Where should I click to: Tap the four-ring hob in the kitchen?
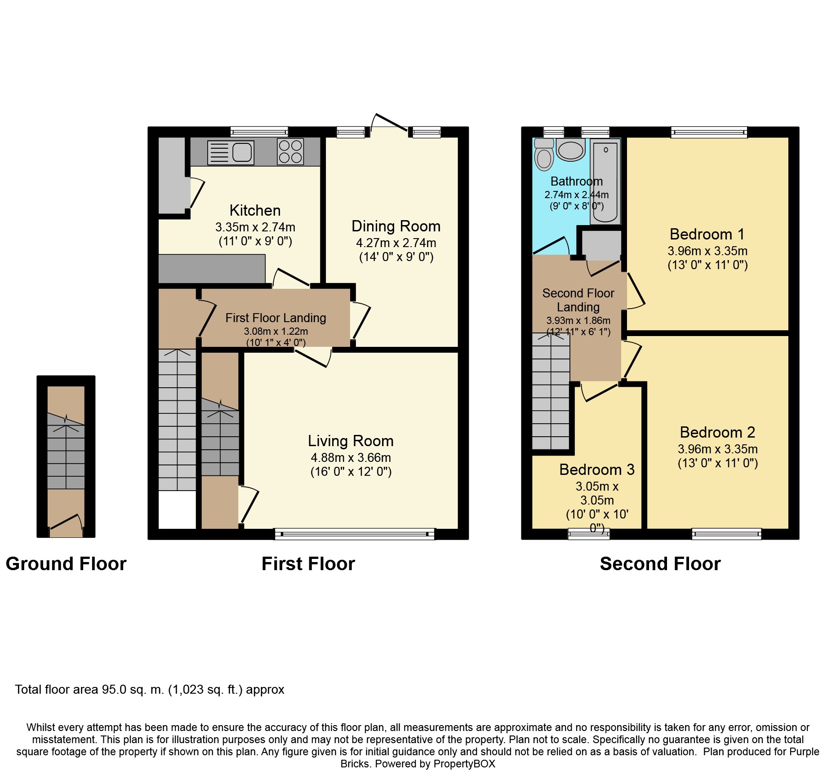[290, 152]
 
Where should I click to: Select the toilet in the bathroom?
[544, 155]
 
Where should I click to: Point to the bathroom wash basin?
[570, 150]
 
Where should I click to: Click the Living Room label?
[351, 441]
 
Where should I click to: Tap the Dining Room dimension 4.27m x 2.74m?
[396, 243]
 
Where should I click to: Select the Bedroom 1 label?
[707, 234]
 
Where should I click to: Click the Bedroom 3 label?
[596, 470]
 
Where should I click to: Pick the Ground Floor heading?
[66, 564]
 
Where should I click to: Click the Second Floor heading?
[660, 564]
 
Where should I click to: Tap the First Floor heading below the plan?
[308, 564]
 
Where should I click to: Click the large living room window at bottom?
[355, 534]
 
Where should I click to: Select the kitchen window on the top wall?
[259, 132]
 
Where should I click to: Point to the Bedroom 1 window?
[709, 132]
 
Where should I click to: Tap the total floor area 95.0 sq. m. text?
[149, 690]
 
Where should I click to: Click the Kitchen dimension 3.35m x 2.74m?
[255, 227]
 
